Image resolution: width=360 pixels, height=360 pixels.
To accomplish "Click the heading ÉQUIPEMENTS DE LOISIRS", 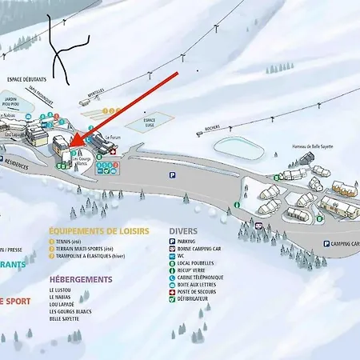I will pos(98,231).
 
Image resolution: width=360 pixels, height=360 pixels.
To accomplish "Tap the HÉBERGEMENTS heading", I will pos(80,279).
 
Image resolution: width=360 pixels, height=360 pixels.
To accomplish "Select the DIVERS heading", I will pos(183,231).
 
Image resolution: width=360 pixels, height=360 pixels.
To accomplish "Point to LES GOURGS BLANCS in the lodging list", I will pos(71,311).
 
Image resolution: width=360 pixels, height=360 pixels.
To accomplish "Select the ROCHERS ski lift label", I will pos(211,127).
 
